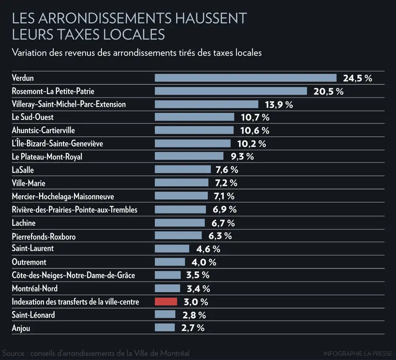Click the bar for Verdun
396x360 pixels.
point(246,78)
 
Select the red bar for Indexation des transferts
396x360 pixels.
point(166,301)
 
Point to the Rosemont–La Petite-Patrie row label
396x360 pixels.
point(53,91)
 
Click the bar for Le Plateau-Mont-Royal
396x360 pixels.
point(189,156)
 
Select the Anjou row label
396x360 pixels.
point(21,328)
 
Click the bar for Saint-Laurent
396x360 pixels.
point(172,249)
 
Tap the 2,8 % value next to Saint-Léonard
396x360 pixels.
point(194,315)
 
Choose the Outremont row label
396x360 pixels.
point(29,262)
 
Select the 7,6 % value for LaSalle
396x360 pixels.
point(227,170)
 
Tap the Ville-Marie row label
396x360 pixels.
point(29,183)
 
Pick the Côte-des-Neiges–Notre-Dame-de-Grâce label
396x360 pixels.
point(73,275)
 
